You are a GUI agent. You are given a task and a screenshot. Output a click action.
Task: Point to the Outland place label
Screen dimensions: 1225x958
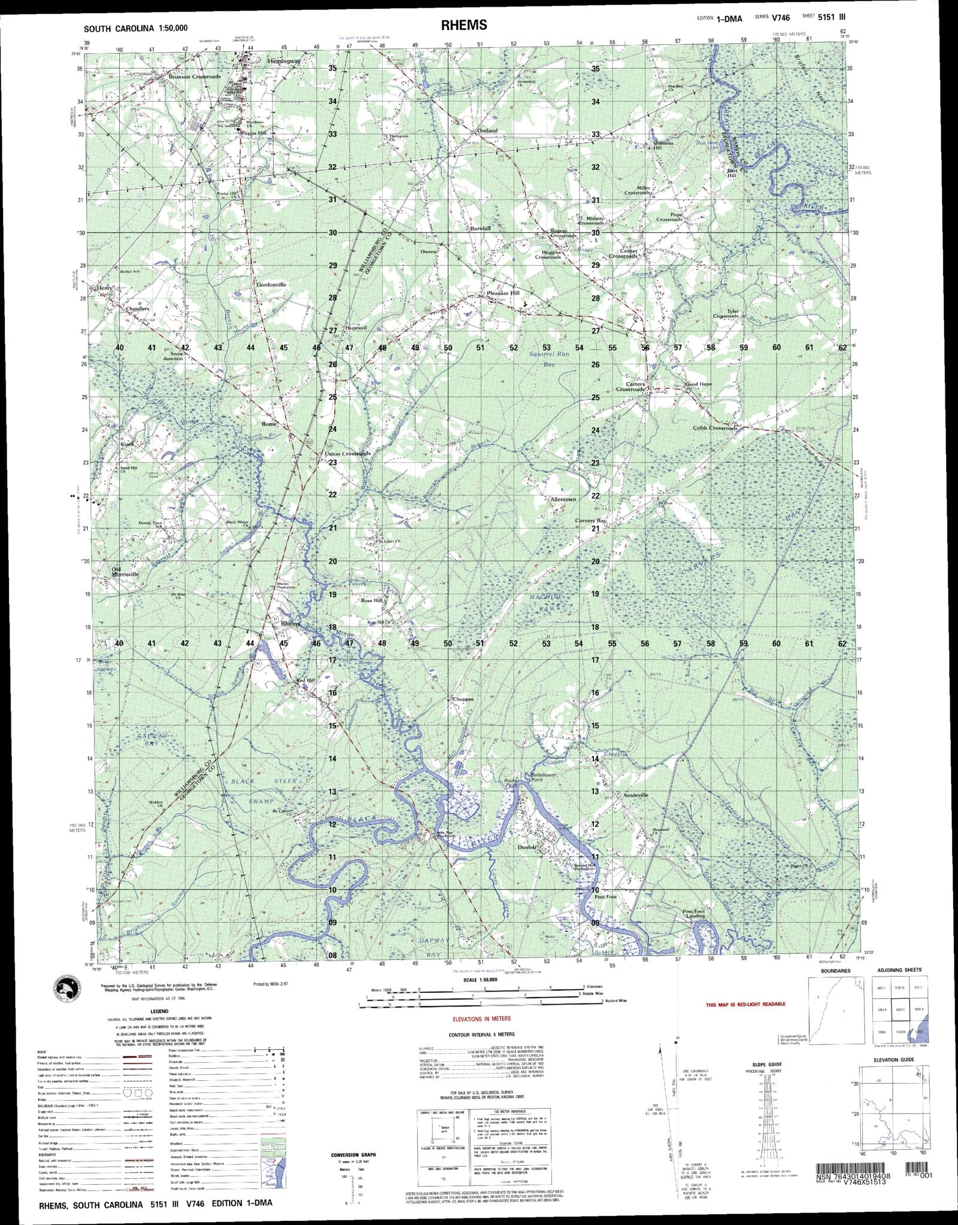[487, 130]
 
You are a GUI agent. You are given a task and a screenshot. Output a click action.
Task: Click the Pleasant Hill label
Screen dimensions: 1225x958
[503, 293]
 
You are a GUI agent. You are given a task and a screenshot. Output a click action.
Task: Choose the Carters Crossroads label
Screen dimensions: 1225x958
[630, 386]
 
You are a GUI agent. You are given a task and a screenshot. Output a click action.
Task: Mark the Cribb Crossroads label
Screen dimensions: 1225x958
[716, 428]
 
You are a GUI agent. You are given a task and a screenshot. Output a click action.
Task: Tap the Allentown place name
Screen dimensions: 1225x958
[562, 499]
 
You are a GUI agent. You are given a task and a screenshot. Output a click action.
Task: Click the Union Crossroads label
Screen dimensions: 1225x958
[347, 454]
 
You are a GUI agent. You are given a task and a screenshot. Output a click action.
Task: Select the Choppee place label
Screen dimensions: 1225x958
[462, 699]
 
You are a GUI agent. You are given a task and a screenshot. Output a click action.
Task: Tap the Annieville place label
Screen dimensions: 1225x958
[619, 795]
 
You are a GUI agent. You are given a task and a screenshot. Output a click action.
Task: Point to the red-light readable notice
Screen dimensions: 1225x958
[745, 1004]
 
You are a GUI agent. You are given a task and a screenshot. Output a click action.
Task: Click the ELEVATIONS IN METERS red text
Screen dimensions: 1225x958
[484, 1017]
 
